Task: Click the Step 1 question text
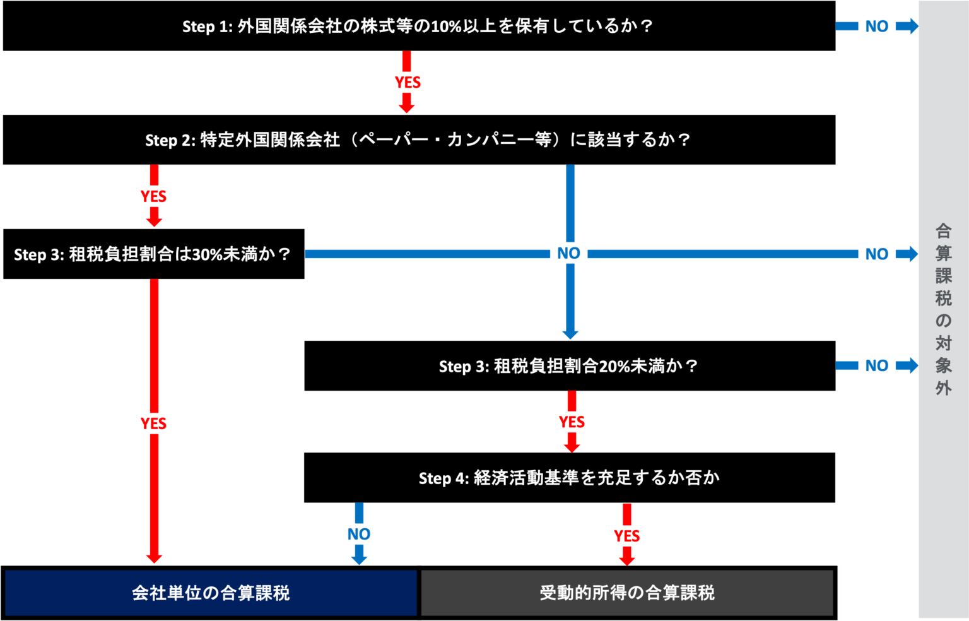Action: coord(417,27)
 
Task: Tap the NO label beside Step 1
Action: coord(877,27)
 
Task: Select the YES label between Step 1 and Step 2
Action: coord(408,82)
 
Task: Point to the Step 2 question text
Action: coord(418,139)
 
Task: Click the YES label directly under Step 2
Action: coord(154,196)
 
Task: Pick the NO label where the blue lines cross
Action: coord(568,253)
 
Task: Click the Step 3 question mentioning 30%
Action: coord(152,254)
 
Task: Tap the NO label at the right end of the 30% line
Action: coord(877,254)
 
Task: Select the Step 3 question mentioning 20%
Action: coord(568,366)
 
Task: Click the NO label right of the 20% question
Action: coord(877,365)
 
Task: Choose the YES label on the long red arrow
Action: coord(154,423)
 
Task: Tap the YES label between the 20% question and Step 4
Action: coord(572,422)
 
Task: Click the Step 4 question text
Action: coord(569,478)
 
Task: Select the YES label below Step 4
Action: coord(626,536)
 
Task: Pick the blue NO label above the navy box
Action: coord(359,534)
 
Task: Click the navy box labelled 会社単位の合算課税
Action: coord(211,593)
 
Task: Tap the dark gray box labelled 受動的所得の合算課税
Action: coord(627,593)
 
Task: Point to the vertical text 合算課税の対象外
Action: coord(943,309)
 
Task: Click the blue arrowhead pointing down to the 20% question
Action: coord(570,334)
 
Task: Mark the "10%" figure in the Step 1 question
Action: coord(446,27)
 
